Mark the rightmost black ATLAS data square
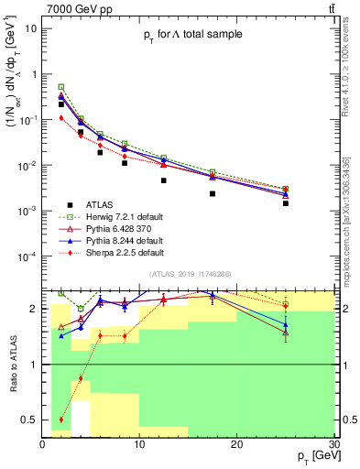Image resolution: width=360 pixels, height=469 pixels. pos(286,203)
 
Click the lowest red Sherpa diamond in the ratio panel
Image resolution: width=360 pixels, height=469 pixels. pos(61,420)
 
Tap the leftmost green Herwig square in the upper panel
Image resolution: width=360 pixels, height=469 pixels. pos(61,86)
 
